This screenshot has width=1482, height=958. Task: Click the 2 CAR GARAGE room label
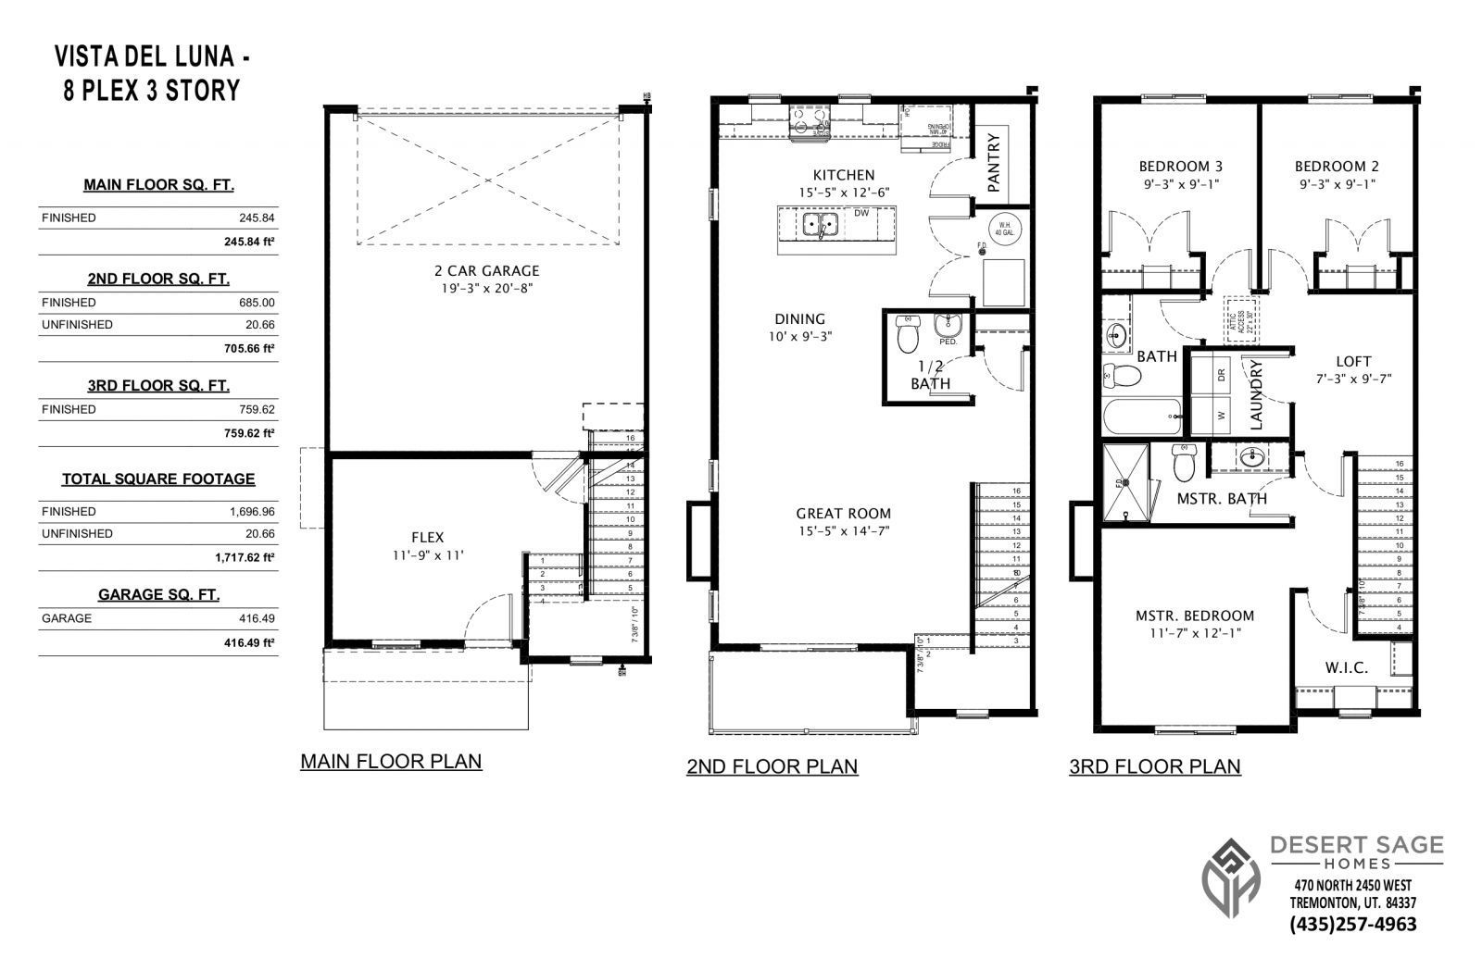click(486, 271)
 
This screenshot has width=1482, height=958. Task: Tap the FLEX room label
click(427, 537)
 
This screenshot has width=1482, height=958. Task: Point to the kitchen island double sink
click(820, 225)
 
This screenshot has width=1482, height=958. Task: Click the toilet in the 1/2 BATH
click(907, 333)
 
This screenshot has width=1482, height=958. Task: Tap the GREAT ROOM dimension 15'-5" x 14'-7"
click(843, 531)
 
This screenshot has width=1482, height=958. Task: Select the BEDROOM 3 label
click(1180, 167)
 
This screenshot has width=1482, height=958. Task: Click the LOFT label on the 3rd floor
click(1353, 361)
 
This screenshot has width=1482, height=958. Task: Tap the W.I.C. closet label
click(1346, 667)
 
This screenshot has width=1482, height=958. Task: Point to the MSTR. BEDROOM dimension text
click(1195, 633)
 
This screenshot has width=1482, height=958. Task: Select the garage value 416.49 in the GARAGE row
click(256, 618)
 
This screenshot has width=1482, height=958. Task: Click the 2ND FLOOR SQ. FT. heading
click(158, 279)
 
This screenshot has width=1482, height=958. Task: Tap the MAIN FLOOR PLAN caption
click(391, 762)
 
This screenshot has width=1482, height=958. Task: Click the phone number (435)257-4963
click(1352, 924)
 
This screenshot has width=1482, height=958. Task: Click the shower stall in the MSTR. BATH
click(1124, 483)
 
